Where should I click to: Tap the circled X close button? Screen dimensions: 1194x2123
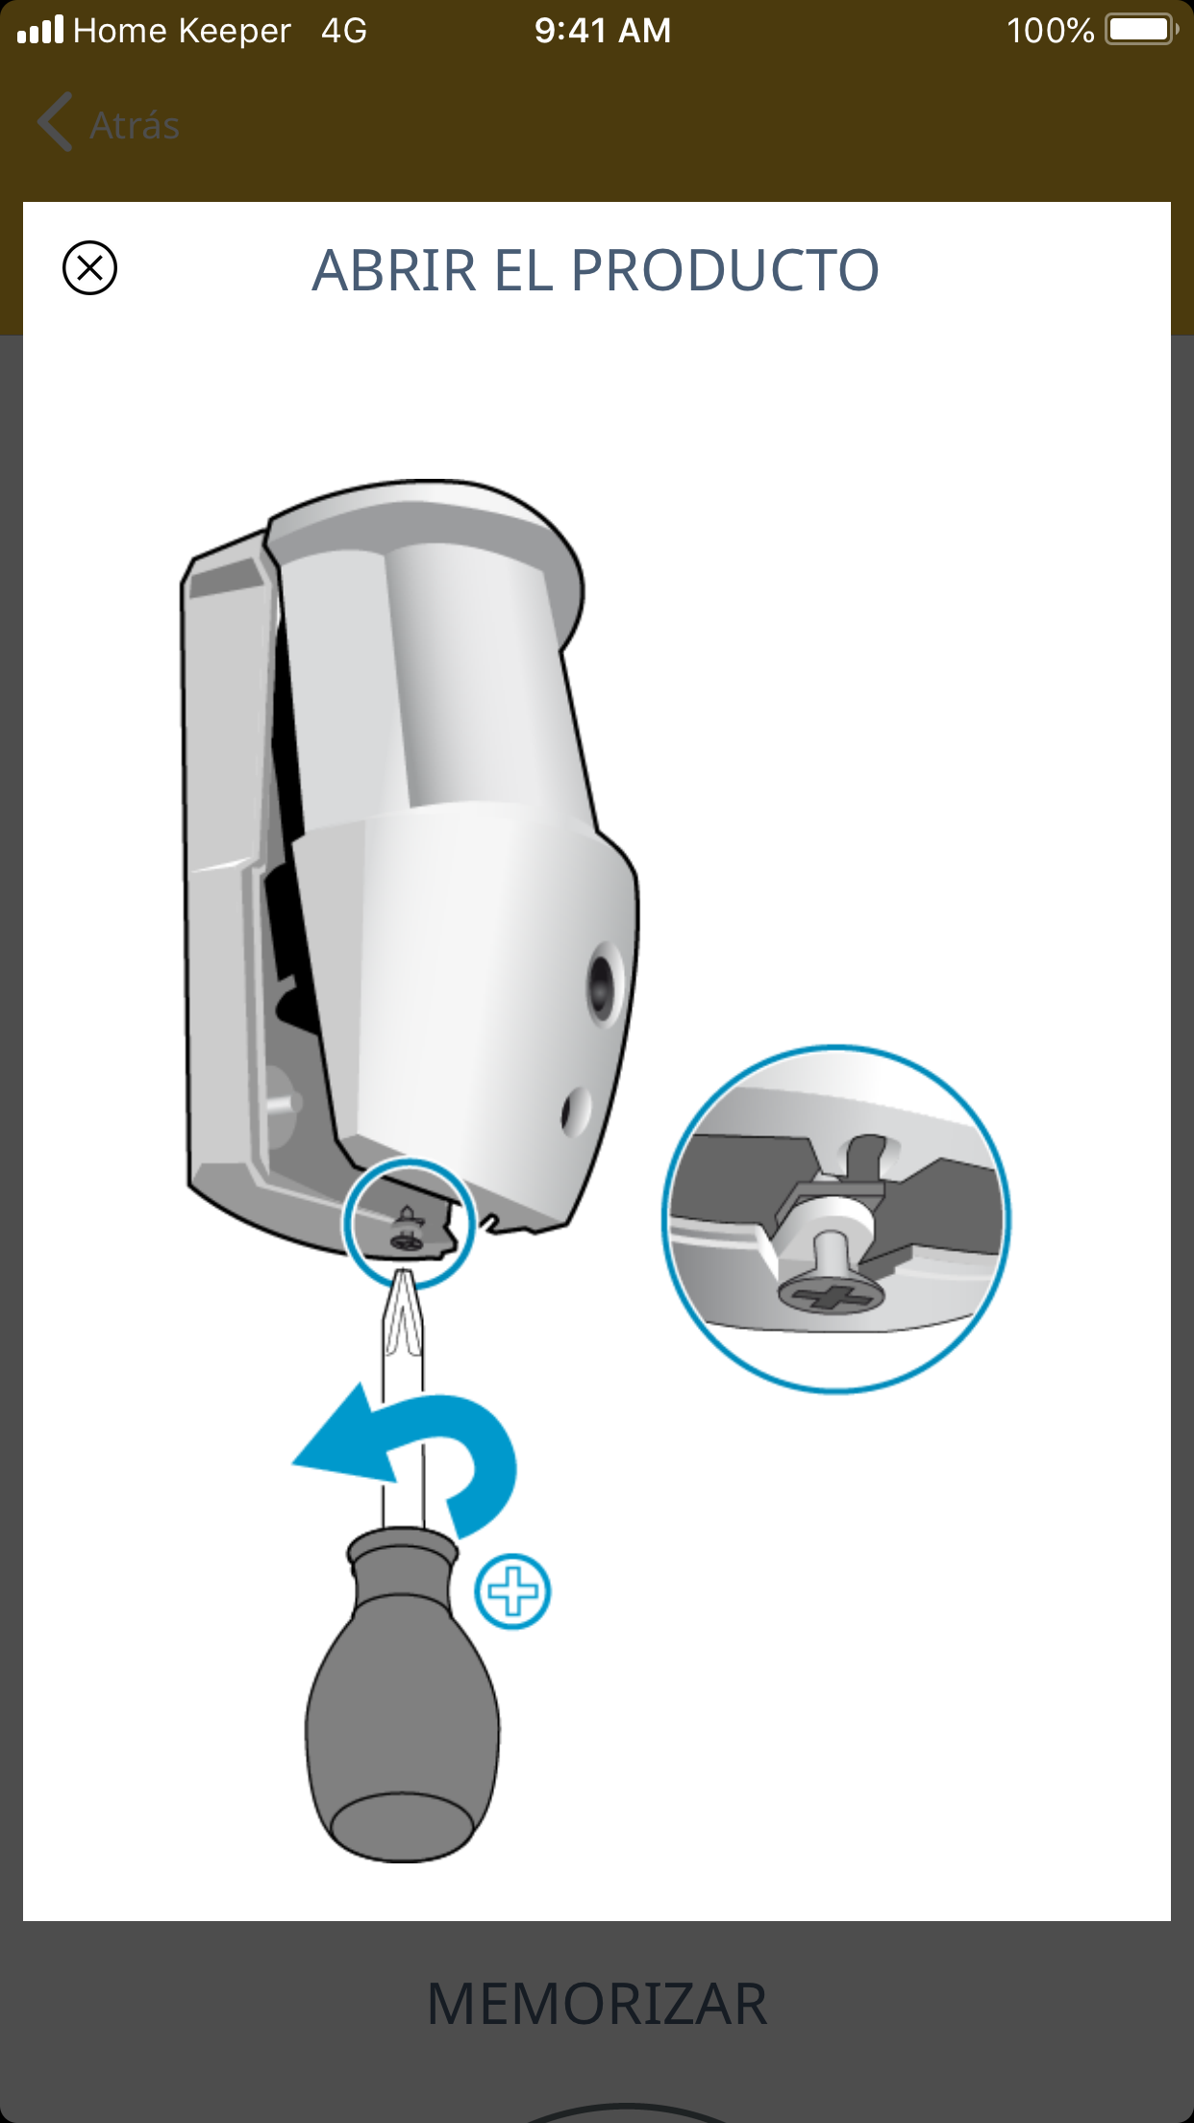(89, 267)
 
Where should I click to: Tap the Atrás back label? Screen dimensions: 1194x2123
(135, 126)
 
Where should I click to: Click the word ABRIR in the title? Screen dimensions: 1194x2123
(394, 270)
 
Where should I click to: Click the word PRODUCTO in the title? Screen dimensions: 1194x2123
(725, 270)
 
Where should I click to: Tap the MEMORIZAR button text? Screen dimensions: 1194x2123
(597, 2005)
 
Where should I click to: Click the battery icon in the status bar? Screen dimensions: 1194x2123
(1142, 30)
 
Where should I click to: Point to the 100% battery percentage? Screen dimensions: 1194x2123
(1050, 31)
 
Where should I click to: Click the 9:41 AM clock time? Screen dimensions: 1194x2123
(603, 31)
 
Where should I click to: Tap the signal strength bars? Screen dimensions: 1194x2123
(40, 30)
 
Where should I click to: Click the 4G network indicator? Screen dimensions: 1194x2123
(344, 31)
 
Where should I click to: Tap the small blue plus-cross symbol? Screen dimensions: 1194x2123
(513, 1591)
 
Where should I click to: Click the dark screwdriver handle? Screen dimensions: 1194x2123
(403, 1694)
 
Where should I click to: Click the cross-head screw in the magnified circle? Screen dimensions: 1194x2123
(831, 1293)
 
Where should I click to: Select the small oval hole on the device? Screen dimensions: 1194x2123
(576, 1111)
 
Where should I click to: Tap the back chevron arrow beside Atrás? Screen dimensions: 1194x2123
(55, 122)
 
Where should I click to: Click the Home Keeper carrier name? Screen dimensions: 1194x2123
(182, 31)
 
